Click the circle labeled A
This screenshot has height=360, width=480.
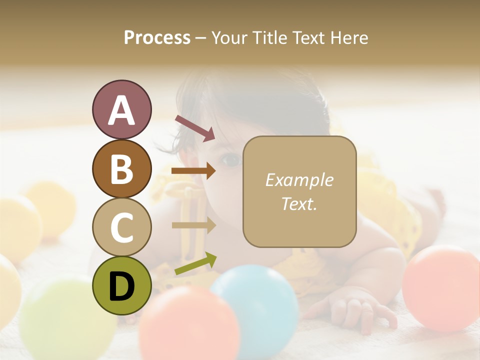pyautogui.click(x=121, y=109)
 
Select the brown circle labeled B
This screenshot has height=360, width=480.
pyautogui.click(x=121, y=168)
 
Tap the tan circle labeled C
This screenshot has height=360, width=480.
pyautogui.click(x=121, y=227)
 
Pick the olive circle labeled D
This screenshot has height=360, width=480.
pyautogui.click(x=121, y=285)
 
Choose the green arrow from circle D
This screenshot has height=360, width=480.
pyautogui.click(x=195, y=263)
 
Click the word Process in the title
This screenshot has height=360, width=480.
pyautogui.click(x=157, y=38)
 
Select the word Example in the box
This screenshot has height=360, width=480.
pyautogui.click(x=299, y=180)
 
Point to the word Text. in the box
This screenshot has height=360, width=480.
pyautogui.click(x=299, y=203)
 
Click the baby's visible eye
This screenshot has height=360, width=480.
pyautogui.click(x=230, y=160)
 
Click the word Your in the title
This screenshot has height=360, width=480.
pyautogui.click(x=230, y=38)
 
